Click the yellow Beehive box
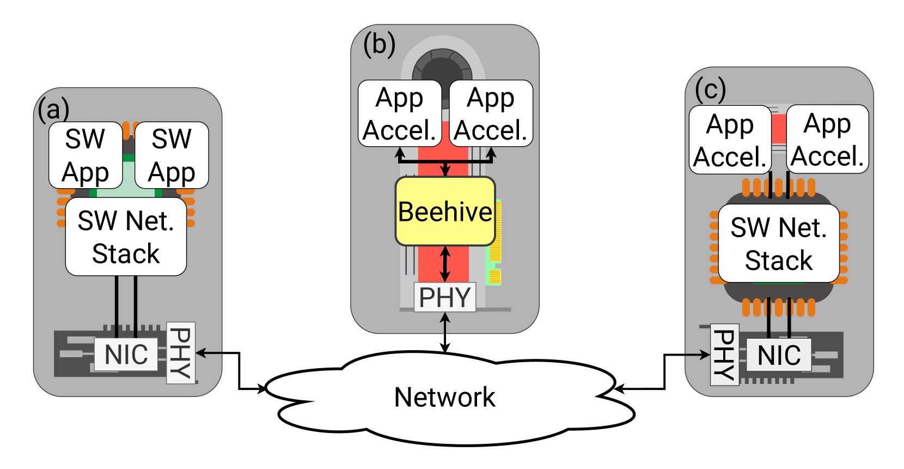click(x=445, y=212)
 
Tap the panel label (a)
click(x=53, y=109)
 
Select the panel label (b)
click(x=379, y=44)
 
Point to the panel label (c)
click(x=710, y=89)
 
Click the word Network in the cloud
click(x=444, y=397)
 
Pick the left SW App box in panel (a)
click(x=85, y=155)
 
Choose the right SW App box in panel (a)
click(x=172, y=155)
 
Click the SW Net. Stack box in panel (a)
click(x=126, y=237)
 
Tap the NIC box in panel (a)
click(x=126, y=354)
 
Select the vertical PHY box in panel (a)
click(x=180, y=353)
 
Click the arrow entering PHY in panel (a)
click(x=209, y=353)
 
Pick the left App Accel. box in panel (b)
click(x=400, y=113)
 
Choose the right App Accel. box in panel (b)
click(x=491, y=113)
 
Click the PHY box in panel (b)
click(x=445, y=297)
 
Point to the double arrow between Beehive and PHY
click(x=445, y=264)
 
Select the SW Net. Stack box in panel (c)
click(x=779, y=244)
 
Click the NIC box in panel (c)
click(x=779, y=356)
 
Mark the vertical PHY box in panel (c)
click(x=725, y=355)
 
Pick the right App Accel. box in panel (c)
click(x=827, y=140)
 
